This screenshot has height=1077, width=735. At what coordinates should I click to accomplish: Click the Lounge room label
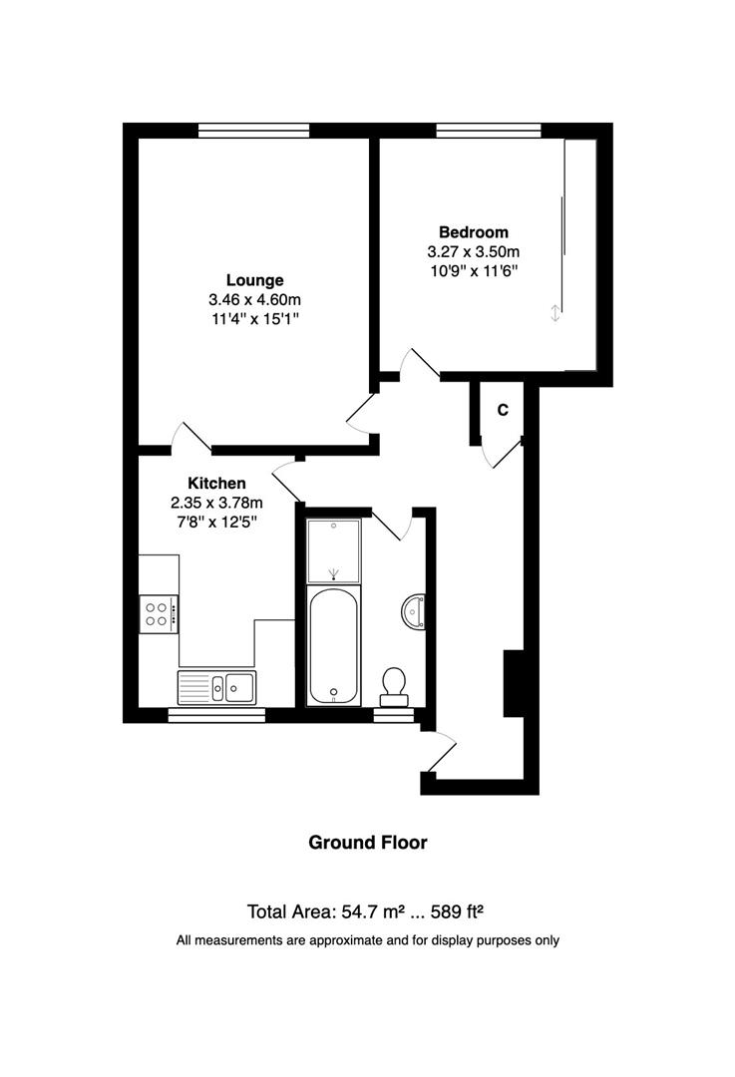coord(255,280)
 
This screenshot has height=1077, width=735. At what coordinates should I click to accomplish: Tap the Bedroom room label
coord(474,232)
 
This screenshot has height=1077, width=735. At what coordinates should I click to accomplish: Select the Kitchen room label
coord(216,483)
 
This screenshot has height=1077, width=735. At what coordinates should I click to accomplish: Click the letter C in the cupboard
coord(503,410)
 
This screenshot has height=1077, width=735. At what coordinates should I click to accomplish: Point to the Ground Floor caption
coord(367,842)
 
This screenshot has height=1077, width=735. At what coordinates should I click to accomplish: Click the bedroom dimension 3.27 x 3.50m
coord(474,251)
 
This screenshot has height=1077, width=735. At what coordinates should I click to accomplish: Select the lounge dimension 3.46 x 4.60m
coord(255,299)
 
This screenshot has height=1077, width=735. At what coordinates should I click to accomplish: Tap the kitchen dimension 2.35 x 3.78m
coord(216,502)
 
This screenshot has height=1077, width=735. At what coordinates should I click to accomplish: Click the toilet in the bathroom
coord(394,686)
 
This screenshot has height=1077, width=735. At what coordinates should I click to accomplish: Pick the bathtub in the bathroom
coord(333,645)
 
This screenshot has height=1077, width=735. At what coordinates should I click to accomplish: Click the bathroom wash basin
coord(414,610)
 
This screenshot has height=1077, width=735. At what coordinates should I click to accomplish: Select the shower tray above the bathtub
coord(333,551)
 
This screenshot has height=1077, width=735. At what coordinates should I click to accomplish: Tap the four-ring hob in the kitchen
coord(159,614)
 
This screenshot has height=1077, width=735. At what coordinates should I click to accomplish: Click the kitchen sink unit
coord(216,687)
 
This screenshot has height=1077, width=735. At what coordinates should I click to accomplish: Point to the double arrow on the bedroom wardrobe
coord(555,313)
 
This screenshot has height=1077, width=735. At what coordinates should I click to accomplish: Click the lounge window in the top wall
coord(254,131)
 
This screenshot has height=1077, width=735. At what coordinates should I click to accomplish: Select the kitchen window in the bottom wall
coord(216,716)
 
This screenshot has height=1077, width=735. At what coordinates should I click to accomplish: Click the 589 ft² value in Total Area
coord(457,911)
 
